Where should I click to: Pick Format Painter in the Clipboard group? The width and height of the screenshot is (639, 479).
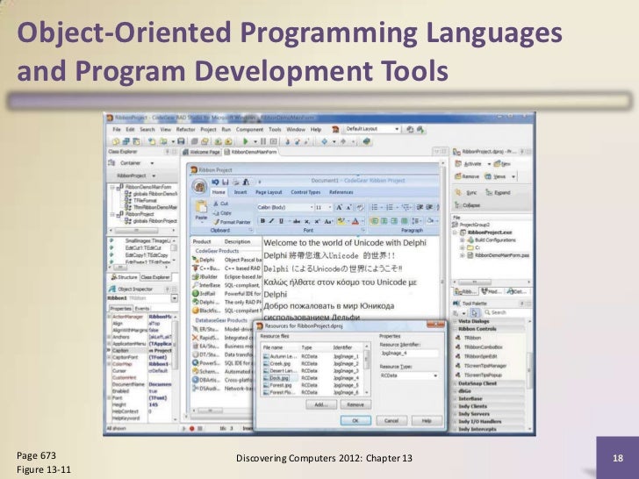tap(232, 223)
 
